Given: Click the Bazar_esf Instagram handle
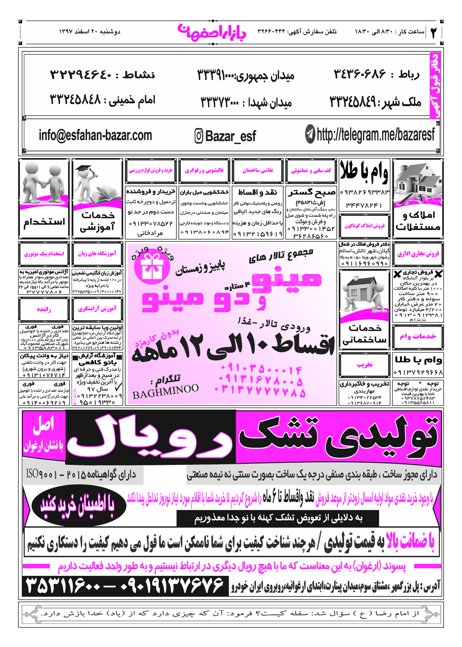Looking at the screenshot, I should point(230,136).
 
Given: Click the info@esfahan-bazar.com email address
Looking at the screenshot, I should point(95,135).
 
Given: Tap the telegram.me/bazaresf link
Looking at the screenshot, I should point(375,134).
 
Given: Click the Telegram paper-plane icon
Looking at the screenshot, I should point(310,134).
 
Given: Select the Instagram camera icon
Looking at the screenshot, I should point(199,136).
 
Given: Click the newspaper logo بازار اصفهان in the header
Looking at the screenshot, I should point(212,32).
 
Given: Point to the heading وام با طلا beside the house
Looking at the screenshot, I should point(364,172).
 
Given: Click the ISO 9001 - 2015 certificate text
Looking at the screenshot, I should point(81,474).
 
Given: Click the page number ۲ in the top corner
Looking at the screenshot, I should point(433,32).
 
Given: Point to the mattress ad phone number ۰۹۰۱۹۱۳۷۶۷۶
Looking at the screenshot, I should point(172,586).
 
